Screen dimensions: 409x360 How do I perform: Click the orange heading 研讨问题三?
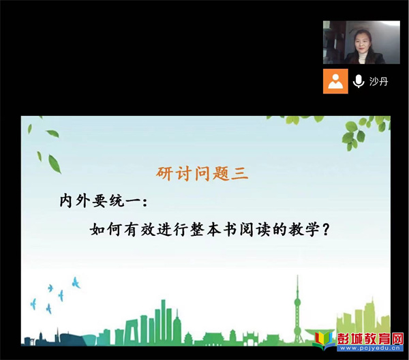coord(202,173)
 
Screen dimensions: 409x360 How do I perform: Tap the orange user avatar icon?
coord(335,81)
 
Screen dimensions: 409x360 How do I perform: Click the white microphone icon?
coord(359,81)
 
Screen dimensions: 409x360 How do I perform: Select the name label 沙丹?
coord(378,81)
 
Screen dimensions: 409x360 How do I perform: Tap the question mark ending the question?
coord(326,230)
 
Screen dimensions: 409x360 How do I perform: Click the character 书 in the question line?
coord(230,230)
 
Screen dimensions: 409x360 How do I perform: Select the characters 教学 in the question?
coord(304,230)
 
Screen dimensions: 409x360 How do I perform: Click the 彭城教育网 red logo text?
coord(370,339)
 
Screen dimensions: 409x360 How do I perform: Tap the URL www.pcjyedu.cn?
coord(369,348)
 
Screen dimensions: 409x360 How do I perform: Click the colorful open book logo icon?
coord(324,341)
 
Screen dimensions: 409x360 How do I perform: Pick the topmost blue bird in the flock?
coord(76,283)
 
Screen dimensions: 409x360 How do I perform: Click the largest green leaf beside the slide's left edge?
coord(55,164)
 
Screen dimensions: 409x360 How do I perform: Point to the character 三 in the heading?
coord(240,173)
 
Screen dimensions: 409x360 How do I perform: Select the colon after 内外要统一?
coord(145,202)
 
